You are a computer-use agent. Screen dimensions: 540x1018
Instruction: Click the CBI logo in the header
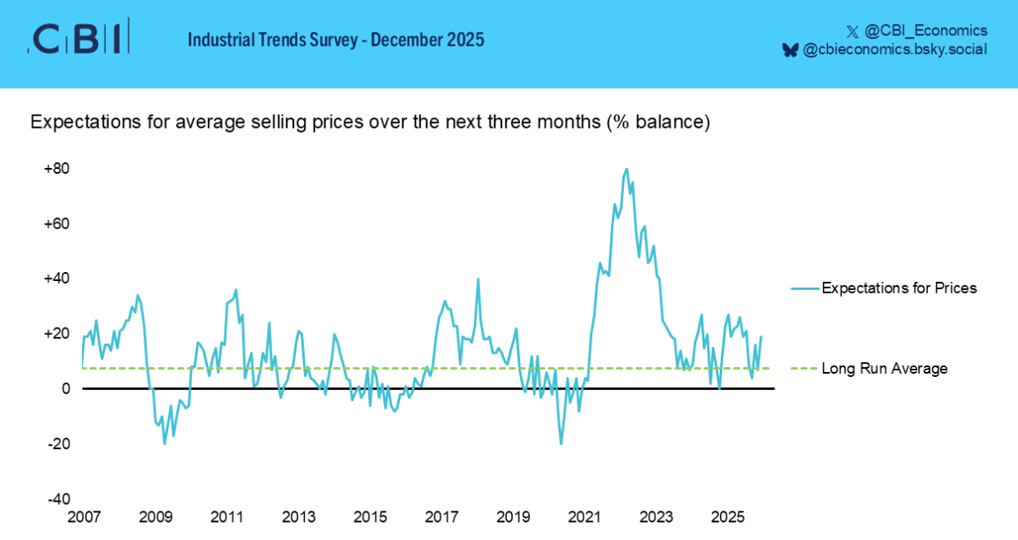pyautogui.click(x=78, y=38)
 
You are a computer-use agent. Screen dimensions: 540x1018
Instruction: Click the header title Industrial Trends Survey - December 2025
pyautogui.click(x=336, y=39)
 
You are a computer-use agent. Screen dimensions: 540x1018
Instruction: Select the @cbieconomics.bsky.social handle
pyautogui.click(x=894, y=50)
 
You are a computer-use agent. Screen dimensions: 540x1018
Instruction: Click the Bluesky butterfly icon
pyautogui.click(x=790, y=50)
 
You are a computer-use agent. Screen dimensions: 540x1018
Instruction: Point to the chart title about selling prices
pyautogui.click(x=369, y=122)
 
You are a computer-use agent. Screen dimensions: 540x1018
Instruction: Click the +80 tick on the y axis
pyautogui.click(x=57, y=169)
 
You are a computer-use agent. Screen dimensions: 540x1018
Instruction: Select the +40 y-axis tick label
pyautogui.click(x=57, y=279)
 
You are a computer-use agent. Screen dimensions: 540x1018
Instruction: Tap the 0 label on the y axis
pyautogui.click(x=66, y=388)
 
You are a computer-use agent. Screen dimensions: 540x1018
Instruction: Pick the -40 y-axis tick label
pyautogui.click(x=57, y=499)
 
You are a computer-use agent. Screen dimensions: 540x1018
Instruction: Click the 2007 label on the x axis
pyautogui.click(x=84, y=517)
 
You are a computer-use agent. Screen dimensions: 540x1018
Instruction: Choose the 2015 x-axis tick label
pyautogui.click(x=370, y=517)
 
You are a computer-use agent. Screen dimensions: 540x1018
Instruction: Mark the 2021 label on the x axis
pyautogui.click(x=585, y=517)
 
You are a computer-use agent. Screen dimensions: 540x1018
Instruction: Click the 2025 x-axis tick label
pyautogui.click(x=728, y=517)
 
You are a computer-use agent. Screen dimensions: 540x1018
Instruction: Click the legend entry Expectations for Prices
pyautogui.click(x=898, y=288)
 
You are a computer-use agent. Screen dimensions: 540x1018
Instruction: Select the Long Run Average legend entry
pyautogui.click(x=884, y=369)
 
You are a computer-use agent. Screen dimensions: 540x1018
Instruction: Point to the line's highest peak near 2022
pyautogui.click(x=627, y=170)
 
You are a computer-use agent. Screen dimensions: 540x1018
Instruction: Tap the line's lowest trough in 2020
pyautogui.click(x=561, y=444)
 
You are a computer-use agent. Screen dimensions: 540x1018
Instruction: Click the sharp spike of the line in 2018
pyautogui.click(x=478, y=279)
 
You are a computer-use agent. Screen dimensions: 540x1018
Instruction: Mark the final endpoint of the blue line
pyautogui.click(x=761, y=337)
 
